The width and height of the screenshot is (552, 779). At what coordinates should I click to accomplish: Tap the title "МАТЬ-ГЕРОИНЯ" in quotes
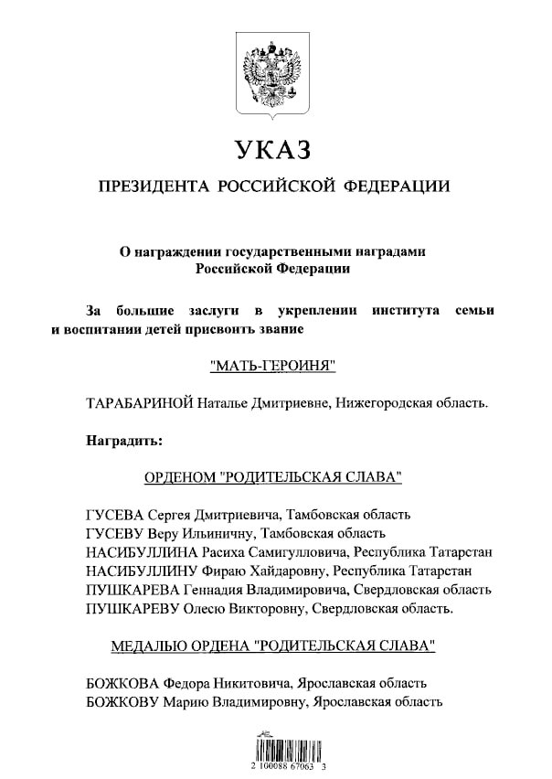coord(274,367)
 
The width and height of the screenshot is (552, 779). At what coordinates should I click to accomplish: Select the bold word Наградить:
coord(123,440)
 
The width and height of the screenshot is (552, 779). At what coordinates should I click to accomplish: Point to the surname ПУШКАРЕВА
coord(127,589)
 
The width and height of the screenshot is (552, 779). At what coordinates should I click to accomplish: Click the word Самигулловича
coord(299,552)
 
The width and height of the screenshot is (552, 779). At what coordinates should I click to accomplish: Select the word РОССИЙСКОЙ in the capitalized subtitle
coord(275,187)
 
